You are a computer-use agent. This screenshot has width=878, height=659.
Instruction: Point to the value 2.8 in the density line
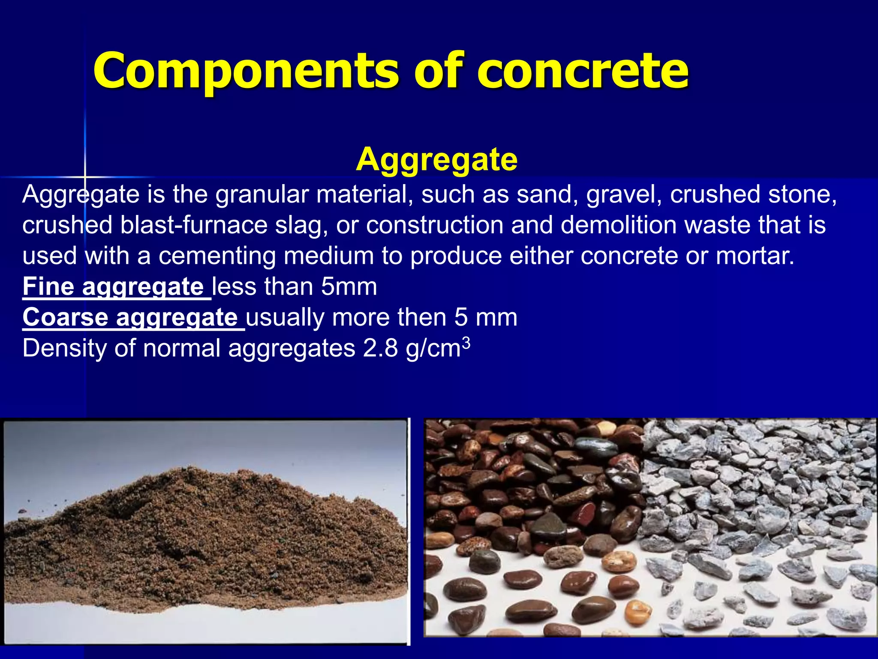[380, 348]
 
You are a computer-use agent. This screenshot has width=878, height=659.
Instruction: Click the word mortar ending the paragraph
[755, 256]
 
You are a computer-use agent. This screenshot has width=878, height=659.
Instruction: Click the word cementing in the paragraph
[217, 256]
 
